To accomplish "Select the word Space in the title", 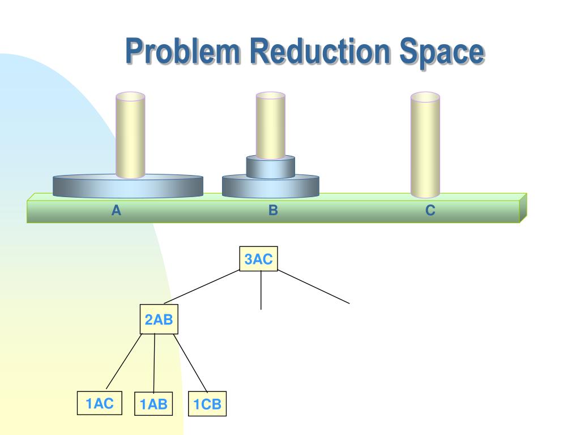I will [442, 52].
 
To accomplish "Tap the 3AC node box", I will [259, 260].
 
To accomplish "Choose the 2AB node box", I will [159, 320].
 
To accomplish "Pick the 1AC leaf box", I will [100, 404].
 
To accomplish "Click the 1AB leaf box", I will [153, 404].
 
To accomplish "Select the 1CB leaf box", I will [207, 405].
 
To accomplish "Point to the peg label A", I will [116, 211].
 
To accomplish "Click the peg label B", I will [273, 211].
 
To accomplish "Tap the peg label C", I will [430, 211].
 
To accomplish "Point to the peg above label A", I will [130, 133].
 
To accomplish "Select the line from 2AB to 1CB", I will [190, 363].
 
